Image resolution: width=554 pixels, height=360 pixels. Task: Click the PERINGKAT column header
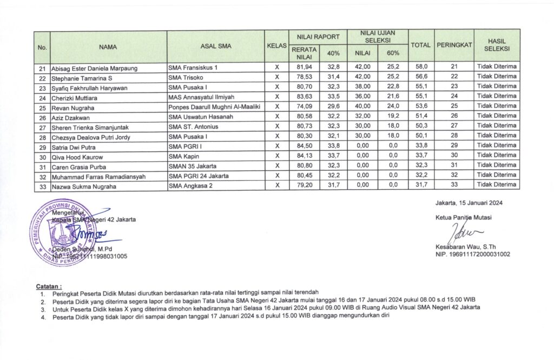(x=454, y=44)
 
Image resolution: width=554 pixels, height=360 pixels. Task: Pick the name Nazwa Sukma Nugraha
(x=84, y=185)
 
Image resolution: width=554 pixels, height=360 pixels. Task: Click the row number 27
(x=42, y=126)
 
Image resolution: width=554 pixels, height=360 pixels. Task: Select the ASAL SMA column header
(x=215, y=46)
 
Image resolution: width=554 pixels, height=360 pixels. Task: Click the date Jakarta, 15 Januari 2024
(x=468, y=203)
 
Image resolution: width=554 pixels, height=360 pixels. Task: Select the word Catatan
(x=49, y=284)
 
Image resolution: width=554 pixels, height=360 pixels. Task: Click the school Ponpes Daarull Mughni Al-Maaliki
(x=215, y=106)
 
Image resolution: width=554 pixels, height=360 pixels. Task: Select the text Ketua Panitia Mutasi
(x=463, y=218)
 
